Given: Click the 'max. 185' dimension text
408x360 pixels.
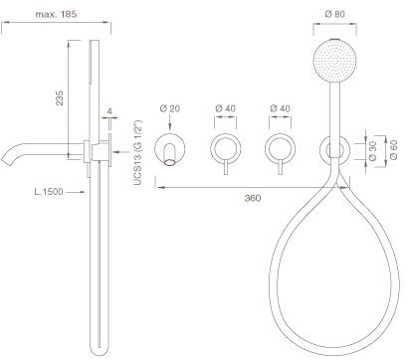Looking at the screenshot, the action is [x=56, y=14].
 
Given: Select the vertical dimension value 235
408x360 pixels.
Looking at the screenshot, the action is [x=60, y=97].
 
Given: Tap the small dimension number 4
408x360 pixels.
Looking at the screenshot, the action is [x=109, y=111].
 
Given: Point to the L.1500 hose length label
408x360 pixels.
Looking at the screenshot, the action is [x=49, y=192].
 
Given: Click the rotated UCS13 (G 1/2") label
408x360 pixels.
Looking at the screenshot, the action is [x=138, y=152].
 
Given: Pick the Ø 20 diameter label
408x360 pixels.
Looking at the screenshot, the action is [x=169, y=108].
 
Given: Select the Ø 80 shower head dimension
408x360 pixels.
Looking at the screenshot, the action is [x=334, y=14].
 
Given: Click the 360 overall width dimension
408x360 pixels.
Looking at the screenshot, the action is [x=253, y=198].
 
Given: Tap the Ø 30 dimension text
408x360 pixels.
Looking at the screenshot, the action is [x=373, y=150].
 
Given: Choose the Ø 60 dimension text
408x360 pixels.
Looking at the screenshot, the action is [x=394, y=150].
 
